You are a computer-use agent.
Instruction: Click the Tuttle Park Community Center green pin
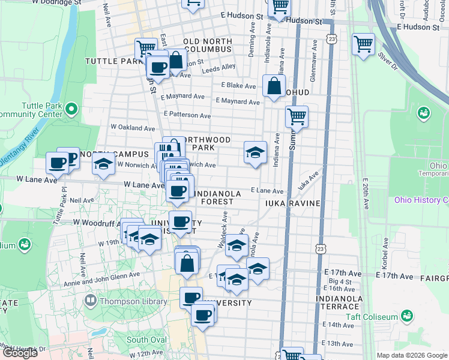pyautogui.click(x=71, y=109)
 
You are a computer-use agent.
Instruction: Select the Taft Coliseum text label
pyautogui.click(x=372, y=317)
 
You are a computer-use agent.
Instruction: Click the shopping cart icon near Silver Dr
pyautogui.click(x=363, y=44)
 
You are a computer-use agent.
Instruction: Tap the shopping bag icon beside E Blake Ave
pyautogui.click(x=274, y=86)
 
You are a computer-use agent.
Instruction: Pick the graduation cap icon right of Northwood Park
pyautogui.click(x=255, y=152)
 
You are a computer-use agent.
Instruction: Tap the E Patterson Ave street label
pyautogui.click(x=187, y=115)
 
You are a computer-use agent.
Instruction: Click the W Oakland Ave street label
pyautogui.click(x=133, y=127)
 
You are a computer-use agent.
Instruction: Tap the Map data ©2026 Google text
pyautogui.click(x=412, y=355)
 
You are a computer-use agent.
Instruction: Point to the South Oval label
pyautogui.click(x=146, y=340)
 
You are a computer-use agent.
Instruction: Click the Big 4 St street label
pyautogui.click(x=340, y=281)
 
